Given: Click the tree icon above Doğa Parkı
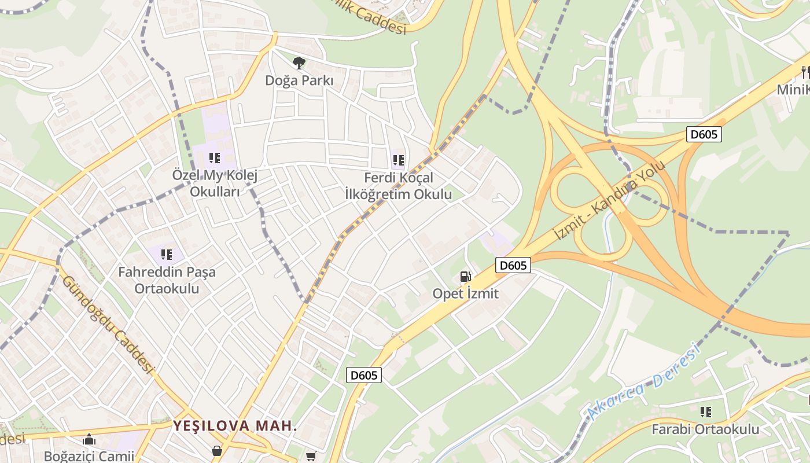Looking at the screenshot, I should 299,63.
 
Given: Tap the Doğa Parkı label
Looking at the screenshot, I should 299,80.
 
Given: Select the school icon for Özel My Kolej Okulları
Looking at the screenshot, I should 215,157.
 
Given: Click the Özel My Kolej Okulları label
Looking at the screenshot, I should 215,183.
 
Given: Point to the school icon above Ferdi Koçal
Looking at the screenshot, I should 398,160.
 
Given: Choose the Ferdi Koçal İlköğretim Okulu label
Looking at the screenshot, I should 398,186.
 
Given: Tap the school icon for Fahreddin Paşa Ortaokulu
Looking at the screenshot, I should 167,254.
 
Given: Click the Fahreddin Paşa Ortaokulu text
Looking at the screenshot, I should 167,280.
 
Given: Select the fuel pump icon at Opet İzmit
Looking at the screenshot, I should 466,277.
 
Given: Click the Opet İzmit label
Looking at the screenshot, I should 465,293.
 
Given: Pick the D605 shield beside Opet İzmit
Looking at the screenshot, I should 513,265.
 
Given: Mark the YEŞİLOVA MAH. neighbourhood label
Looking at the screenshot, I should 235,426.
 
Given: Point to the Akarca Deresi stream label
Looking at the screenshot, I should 642,382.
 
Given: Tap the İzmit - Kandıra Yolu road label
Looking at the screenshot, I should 610,200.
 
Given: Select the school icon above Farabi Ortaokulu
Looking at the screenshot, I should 705,412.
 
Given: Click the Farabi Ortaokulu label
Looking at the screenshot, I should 705,429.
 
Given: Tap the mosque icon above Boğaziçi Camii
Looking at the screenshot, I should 89,439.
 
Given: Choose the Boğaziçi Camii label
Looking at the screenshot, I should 89,456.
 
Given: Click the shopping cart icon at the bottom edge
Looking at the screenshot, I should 311,457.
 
